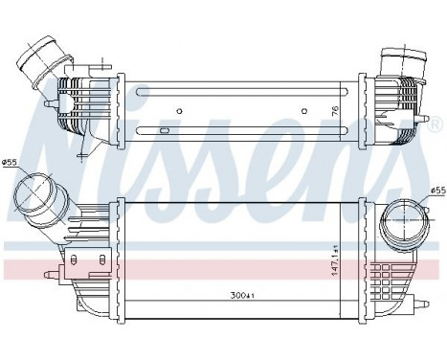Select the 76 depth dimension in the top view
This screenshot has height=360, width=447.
334,110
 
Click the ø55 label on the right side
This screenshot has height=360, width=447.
436,191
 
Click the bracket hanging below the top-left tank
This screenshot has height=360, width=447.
91,143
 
